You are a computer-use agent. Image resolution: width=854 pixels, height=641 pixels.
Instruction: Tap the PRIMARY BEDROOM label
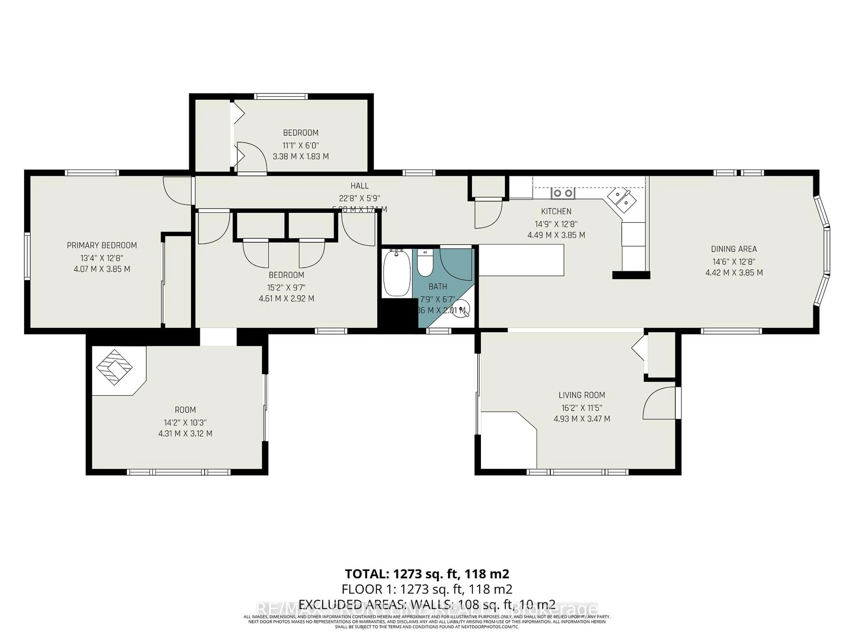102,245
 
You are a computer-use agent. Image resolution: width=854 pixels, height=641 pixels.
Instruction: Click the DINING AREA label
733,249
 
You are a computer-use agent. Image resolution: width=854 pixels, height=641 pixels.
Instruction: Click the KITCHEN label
556,211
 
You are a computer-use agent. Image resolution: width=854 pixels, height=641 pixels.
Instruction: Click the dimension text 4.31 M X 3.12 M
185,434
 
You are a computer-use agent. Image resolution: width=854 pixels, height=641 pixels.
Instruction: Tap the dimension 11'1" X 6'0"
301,145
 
